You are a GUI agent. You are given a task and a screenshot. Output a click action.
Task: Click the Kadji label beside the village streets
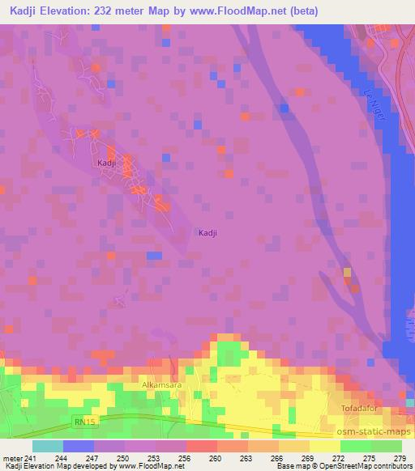[105, 163]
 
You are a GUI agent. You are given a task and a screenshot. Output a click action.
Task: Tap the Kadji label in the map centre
[208, 233]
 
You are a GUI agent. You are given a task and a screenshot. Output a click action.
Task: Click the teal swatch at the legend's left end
[47, 446]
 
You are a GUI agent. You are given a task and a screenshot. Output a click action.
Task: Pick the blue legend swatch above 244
[79, 446]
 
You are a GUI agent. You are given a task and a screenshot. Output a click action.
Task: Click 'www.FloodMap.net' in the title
[242, 11]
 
